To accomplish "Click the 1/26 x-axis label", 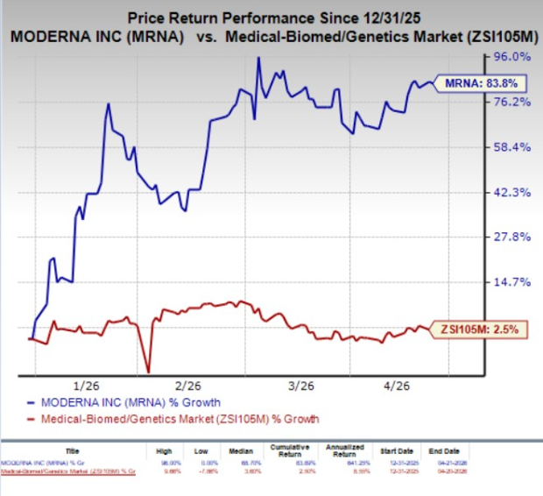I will pyautogui.click(x=89, y=386).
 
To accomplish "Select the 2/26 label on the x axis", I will pyautogui.click(x=188, y=386).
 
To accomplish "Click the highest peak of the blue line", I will pyautogui.click(x=258, y=59).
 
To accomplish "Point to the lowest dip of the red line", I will pyautogui.click(x=149, y=371).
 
